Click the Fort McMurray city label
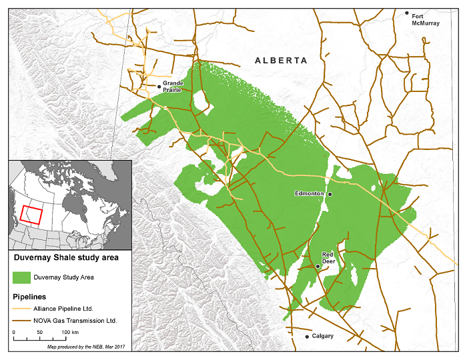(426, 19)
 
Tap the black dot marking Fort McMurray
(408, 13)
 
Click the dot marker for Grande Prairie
(159, 86)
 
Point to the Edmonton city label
(309, 193)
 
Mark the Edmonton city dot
(330, 194)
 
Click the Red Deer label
(328, 259)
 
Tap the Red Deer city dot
(318, 266)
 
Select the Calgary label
(322, 337)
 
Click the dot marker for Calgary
(307, 337)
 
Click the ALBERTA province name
(281, 61)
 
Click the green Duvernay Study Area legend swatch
(22, 276)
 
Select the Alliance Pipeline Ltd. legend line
(22, 309)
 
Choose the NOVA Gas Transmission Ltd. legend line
(22, 321)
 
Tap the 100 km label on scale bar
(71, 331)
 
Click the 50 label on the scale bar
(39, 331)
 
